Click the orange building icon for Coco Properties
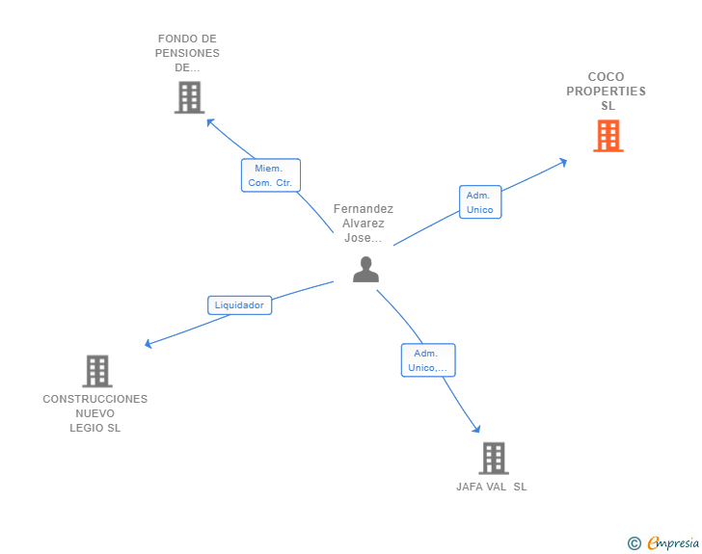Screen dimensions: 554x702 (x=607, y=136)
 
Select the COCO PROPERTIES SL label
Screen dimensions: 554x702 (x=607, y=92)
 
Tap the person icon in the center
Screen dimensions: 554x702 (x=365, y=270)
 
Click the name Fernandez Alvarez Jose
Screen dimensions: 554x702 (x=364, y=224)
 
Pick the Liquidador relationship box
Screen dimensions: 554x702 (x=239, y=305)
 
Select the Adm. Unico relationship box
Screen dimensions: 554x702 (x=479, y=202)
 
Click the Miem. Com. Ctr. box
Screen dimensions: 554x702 (x=270, y=175)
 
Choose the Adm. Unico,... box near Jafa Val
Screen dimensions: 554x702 (x=427, y=360)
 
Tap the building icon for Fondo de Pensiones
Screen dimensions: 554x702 (x=189, y=97)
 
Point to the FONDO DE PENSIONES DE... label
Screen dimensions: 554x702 (x=187, y=54)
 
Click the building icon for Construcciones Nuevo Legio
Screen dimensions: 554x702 (x=96, y=371)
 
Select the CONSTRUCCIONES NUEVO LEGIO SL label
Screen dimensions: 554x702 (x=95, y=413)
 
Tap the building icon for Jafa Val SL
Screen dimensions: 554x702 (x=493, y=458)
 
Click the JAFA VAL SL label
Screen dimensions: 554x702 (x=492, y=487)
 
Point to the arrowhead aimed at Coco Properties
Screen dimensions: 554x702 (x=563, y=162)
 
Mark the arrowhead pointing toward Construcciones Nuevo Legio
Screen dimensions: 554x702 (x=148, y=344)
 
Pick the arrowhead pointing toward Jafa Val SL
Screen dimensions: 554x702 (x=476, y=429)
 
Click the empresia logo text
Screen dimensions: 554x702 (x=673, y=543)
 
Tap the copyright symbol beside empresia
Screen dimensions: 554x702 (x=634, y=543)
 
